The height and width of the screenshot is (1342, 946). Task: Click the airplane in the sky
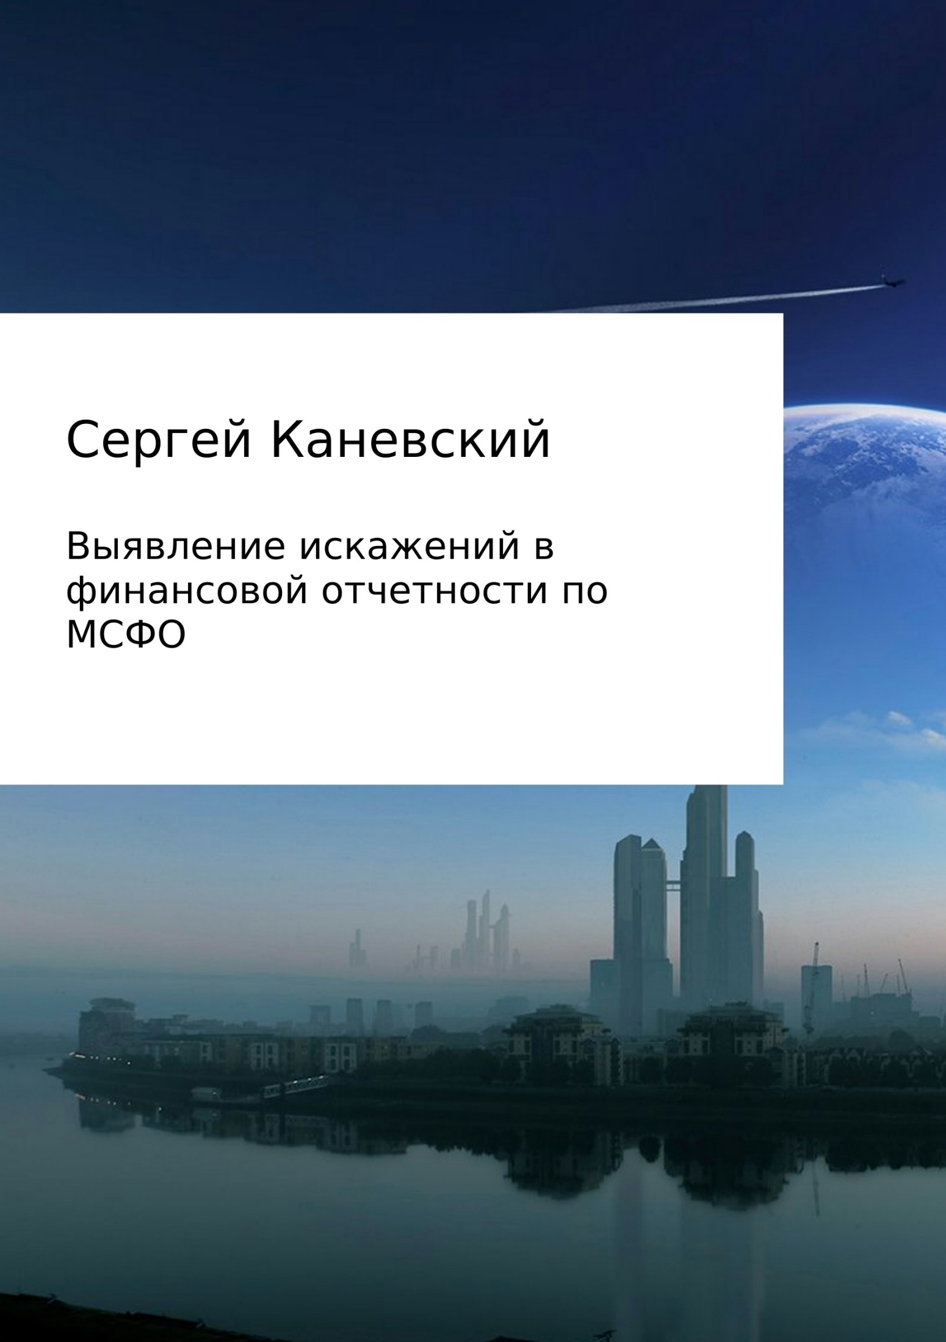892,282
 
